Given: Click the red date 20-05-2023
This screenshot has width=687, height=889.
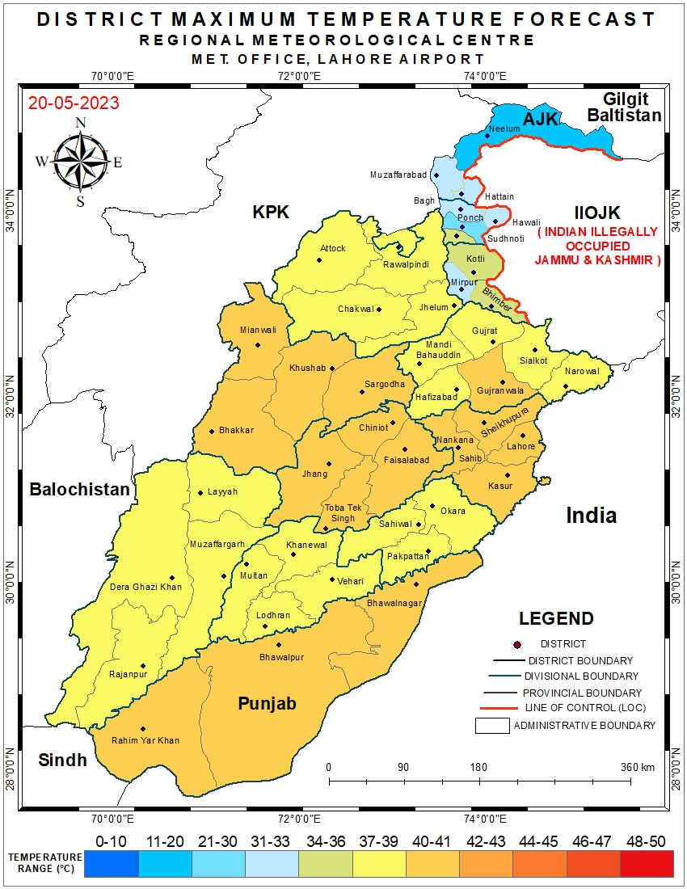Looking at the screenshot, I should (x=74, y=103).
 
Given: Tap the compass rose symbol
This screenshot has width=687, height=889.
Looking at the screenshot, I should (x=79, y=161).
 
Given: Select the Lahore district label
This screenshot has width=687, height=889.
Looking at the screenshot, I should (x=521, y=446).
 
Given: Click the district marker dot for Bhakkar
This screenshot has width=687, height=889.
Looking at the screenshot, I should (x=212, y=431).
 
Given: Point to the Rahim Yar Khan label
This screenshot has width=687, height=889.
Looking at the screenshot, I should (x=145, y=740).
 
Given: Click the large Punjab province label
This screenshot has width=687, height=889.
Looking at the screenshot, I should (x=267, y=703).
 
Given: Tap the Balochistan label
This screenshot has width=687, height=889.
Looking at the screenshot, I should (x=79, y=489).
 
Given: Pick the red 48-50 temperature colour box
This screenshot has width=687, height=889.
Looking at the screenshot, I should (x=646, y=864).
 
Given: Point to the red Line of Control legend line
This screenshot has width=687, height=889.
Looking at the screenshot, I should (x=498, y=709).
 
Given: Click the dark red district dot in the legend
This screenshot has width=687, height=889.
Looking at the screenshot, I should (x=516, y=644).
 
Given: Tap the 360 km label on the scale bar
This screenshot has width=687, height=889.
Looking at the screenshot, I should (x=638, y=767).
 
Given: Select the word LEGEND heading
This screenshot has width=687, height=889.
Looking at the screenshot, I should (x=555, y=619).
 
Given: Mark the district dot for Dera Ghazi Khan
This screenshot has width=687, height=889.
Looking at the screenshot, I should (x=172, y=578).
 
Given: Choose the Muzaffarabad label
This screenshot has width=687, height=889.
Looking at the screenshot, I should (x=398, y=175).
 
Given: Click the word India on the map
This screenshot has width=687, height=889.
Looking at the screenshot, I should (x=591, y=515).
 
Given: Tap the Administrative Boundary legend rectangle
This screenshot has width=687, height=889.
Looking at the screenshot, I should (x=491, y=725).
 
